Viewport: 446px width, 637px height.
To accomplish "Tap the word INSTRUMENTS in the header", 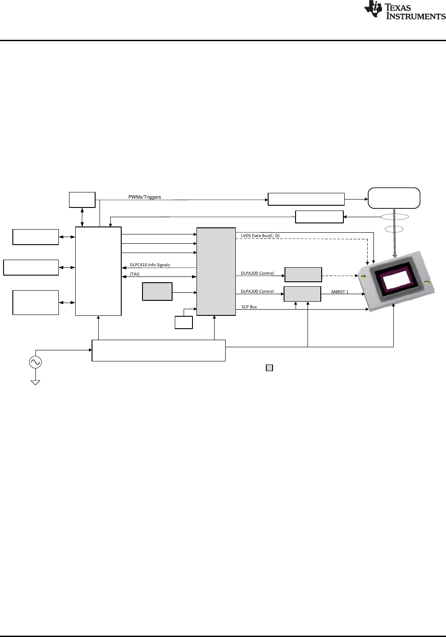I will coord(415,16).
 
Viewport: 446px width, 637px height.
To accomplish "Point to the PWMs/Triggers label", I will coord(145,197).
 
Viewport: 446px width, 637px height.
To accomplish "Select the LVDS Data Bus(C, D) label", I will coord(260,236).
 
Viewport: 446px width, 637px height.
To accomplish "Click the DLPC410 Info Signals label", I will coord(150,265).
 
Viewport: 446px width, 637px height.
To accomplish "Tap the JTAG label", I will coord(135,274).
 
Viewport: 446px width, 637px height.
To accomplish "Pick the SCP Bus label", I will coord(249,307).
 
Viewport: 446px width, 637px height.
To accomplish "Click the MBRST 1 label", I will coord(340,292).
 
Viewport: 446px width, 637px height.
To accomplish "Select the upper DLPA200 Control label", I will coord(257,273).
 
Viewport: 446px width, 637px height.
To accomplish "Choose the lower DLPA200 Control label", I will coord(257,292).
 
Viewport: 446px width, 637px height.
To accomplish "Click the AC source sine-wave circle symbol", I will coord(35,363).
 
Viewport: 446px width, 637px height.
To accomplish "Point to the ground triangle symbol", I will coord(35,382).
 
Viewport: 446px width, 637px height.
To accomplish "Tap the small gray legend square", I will coord(269,368).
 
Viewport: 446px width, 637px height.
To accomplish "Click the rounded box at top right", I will coord(394,198).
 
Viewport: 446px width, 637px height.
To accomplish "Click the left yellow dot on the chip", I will coord(363,277).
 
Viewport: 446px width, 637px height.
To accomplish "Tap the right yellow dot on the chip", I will coord(427,282).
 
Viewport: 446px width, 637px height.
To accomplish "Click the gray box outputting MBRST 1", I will coord(302,294).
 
